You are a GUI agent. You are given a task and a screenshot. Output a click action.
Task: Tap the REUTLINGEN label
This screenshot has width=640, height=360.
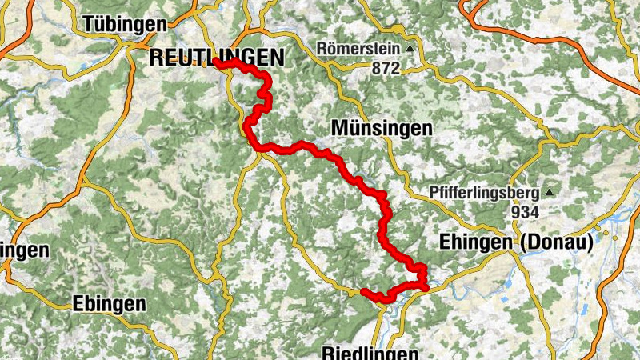(217, 57)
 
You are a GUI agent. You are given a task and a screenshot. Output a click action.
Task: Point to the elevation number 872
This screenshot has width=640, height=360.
(385, 69)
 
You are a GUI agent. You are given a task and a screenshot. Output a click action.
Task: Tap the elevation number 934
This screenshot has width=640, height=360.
(524, 212)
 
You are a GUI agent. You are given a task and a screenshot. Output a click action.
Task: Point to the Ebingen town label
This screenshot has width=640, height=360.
(109, 304)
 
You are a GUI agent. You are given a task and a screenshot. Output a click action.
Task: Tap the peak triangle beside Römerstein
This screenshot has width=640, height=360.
(410, 48)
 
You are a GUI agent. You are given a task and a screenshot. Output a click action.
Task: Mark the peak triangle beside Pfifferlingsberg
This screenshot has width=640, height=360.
(550, 193)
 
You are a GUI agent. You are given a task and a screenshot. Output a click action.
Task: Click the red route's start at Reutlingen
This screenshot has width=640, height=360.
(217, 61)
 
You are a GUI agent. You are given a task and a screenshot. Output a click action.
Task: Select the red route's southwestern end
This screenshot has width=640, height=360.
(364, 292)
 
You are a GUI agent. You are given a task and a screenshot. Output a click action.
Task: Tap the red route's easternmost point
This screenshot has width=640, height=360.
(426, 286)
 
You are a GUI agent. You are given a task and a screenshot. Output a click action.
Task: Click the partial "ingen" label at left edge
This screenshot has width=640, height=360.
(24, 250)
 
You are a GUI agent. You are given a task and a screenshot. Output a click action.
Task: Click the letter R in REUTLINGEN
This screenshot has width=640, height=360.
(156, 57)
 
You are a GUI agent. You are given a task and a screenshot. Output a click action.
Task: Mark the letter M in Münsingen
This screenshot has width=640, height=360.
(337, 128)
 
